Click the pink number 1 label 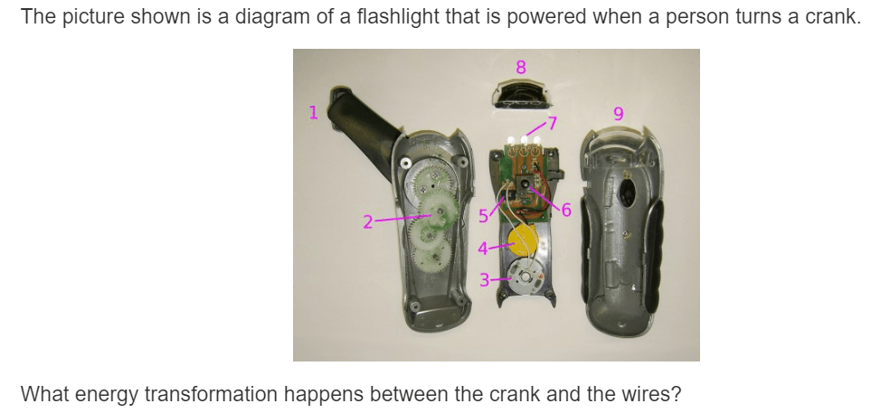[x=313, y=112]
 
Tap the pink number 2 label [x=368, y=222]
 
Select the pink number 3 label [x=485, y=280]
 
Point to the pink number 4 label [x=483, y=249]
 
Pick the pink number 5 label [x=483, y=216]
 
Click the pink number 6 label [x=566, y=210]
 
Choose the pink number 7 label [x=552, y=123]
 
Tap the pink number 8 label [x=520, y=67]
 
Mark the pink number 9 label [x=619, y=114]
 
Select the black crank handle [x=365, y=127]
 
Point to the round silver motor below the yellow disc [x=524, y=277]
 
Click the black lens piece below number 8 [x=520, y=94]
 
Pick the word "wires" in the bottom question [x=647, y=394]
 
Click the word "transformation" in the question [x=211, y=394]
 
